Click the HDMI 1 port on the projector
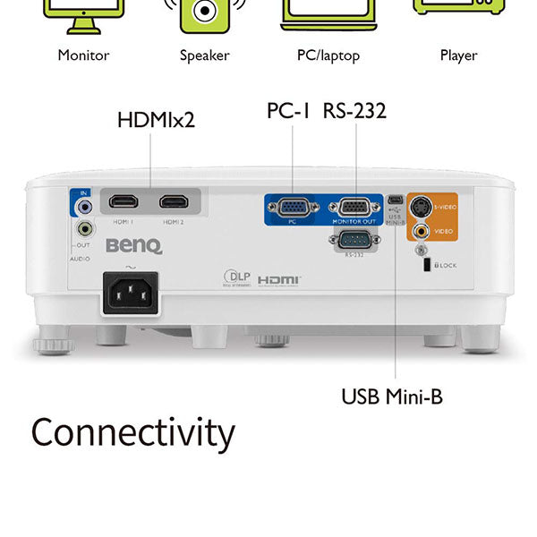tap(124, 201)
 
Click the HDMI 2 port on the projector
tap(173, 201)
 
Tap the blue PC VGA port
tap(292, 208)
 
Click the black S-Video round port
tap(421, 207)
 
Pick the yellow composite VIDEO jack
tap(421, 231)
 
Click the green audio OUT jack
tap(84, 229)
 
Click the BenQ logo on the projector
tap(133, 246)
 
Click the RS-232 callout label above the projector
tap(356, 111)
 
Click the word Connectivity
tap(132, 433)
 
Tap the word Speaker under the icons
tap(204, 55)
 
